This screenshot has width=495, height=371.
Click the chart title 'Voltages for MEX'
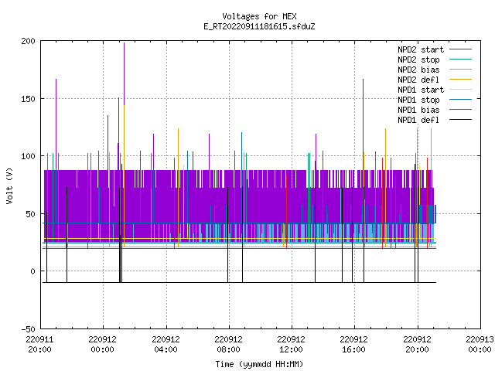pyautogui.click(x=259, y=16)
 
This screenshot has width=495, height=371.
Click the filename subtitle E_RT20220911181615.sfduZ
pyautogui.click(x=259, y=26)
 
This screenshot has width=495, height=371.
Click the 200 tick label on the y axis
pyautogui.click(x=28, y=41)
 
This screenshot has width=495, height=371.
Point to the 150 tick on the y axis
pyautogui.click(x=28, y=99)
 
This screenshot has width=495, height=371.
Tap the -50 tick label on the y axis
pyautogui.click(x=28, y=329)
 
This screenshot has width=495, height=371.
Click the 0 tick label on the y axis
pyautogui.click(x=32, y=271)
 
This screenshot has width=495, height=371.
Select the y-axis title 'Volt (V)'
pyautogui.click(x=9, y=186)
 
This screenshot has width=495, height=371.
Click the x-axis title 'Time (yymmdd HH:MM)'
pyautogui.click(x=259, y=364)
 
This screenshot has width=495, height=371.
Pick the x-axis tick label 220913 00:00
pyautogui.click(x=480, y=345)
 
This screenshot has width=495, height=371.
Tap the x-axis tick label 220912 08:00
pyautogui.click(x=228, y=345)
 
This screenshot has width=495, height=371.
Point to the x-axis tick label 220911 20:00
pyautogui.click(x=39, y=345)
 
